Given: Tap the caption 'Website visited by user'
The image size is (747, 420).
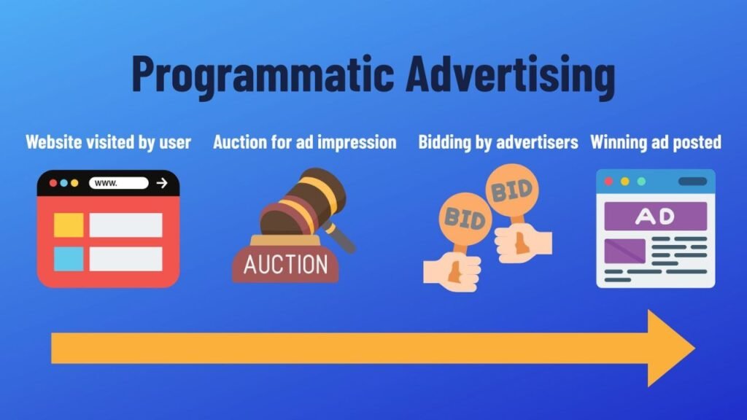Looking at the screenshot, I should pyautogui.click(x=108, y=141).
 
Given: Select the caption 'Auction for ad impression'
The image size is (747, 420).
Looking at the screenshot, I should pyautogui.click(x=304, y=141).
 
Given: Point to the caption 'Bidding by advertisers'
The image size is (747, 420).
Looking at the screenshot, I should pyautogui.click(x=498, y=141).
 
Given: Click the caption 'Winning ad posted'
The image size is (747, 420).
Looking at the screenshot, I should pyautogui.click(x=656, y=141).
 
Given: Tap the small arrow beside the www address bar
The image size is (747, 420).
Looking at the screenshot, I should pyautogui.click(x=162, y=183).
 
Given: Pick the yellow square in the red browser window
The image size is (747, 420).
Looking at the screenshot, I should pyautogui.click(x=69, y=225).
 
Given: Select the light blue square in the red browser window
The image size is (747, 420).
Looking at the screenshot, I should pyautogui.click(x=69, y=259).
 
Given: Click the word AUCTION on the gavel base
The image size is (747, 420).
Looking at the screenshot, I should pyautogui.click(x=285, y=264).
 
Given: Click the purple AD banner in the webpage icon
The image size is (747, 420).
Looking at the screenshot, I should pyautogui.click(x=655, y=216).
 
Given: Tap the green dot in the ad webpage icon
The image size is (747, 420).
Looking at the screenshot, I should pyautogui.click(x=641, y=181).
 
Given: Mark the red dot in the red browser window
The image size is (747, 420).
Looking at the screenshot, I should pyautogui.click(x=53, y=183).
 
